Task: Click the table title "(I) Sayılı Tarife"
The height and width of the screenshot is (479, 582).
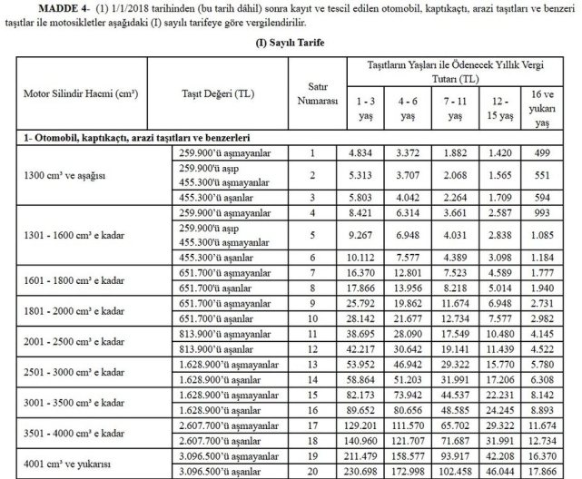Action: pos(290,42)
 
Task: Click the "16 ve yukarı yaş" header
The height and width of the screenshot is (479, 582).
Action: pos(543,110)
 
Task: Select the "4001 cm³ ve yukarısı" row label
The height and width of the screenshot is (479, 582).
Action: pos(67,464)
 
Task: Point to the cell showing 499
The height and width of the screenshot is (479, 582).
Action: pos(543,153)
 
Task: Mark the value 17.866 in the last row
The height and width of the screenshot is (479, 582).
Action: pos(543,472)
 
